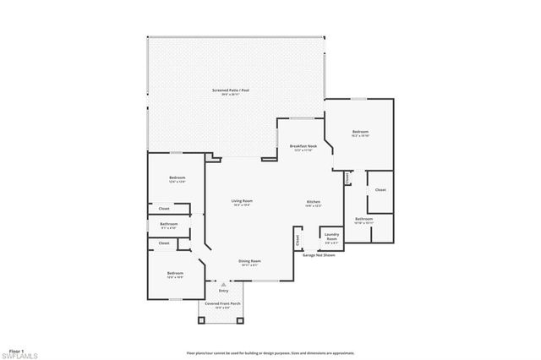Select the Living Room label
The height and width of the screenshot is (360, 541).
point(243,201)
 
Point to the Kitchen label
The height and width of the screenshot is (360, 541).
point(313,201)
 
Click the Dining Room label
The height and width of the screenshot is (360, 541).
point(249,261)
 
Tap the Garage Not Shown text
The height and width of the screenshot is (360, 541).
point(319,254)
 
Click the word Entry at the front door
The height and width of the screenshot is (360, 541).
point(223,291)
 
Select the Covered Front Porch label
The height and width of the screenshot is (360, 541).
point(223,303)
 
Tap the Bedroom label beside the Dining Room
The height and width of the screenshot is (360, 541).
point(175,274)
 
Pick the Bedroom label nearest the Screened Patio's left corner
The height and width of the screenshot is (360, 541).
point(177,177)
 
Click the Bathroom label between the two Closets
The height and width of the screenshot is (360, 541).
point(169,225)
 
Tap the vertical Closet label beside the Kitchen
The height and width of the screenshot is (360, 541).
point(298,240)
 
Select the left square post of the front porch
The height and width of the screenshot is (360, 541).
point(201,320)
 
